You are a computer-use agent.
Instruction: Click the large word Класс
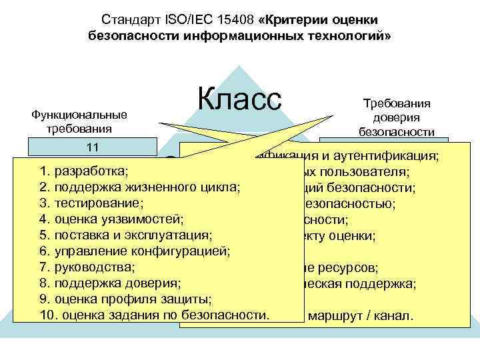coord(240,101)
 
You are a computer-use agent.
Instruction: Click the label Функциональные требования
coord(79,121)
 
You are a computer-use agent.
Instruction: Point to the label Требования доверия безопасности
coord(396,117)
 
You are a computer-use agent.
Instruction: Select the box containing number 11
coord(92,146)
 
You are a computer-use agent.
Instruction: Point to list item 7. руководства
coord(87,267)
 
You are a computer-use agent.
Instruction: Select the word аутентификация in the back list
coord(391,157)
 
